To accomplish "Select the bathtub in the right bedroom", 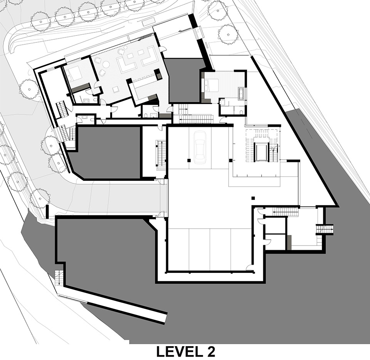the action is (241, 93).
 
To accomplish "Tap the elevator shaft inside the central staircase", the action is (261, 152).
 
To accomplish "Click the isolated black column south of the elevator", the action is (253, 198).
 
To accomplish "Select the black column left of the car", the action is (189, 161).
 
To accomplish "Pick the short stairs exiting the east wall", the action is (325, 229).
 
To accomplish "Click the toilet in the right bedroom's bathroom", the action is (240, 112).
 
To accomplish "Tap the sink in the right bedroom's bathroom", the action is (222, 103).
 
